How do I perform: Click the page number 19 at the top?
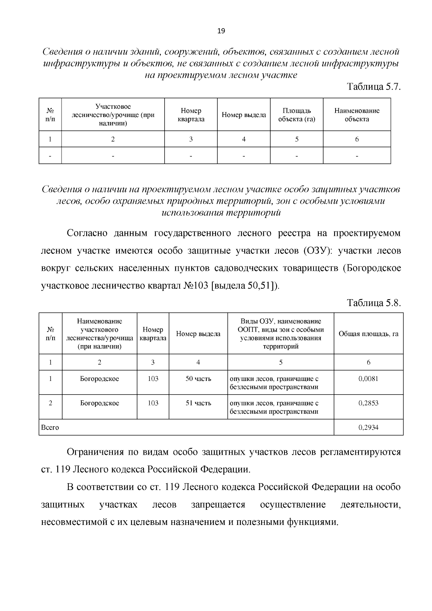[221, 31]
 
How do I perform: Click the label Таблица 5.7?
[373, 87]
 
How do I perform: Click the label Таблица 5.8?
[373, 303]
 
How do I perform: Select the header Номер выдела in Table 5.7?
[244, 115]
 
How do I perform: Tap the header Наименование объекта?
[357, 115]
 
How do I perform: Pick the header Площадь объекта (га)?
[297, 115]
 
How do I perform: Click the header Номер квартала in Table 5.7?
[191, 115]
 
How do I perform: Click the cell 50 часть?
[198, 379]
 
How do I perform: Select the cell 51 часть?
[198, 403]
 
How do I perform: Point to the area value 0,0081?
[368, 379]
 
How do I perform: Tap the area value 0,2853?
[368, 403]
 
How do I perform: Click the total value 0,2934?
[368, 428]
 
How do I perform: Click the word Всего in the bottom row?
[50, 428]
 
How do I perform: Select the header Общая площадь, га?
[368, 334]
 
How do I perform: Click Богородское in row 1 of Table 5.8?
[99, 379]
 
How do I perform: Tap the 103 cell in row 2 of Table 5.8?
[153, 403]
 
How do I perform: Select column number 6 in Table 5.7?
[357, 139]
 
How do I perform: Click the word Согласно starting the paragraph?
[87, 233]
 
